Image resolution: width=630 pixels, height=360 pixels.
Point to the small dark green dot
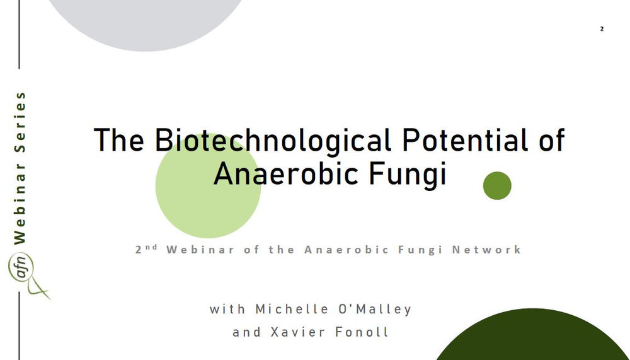pos(497,185)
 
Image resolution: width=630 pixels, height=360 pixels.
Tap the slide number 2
pos(602,29)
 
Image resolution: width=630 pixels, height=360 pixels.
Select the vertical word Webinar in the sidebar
pos(20,204)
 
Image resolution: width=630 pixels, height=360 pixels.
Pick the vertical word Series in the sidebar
pos(20,124)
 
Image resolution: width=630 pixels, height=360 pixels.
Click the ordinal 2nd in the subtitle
pos(146,248)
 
